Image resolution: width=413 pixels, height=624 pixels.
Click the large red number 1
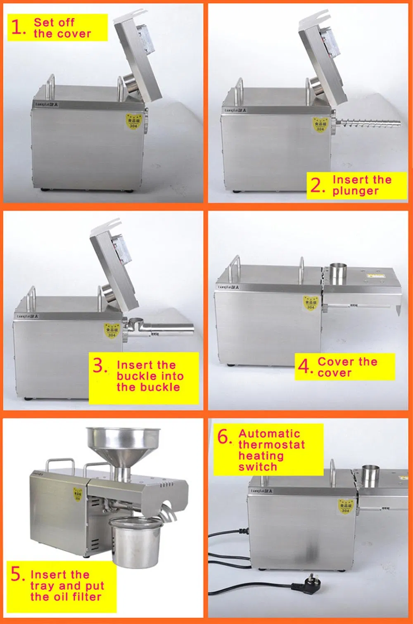(x=17, y=27)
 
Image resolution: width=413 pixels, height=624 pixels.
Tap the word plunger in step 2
(x=355, y=191)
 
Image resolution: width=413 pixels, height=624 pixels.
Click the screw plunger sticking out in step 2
(x=370, y=122)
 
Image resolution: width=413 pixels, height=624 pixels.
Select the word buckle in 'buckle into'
(x=133, y=376)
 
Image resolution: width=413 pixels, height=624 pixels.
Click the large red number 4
(x=304, y=366)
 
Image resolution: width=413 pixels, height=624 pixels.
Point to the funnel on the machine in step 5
(x=123, y=446)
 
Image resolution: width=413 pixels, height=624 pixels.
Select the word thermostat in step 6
(x=271, y=445)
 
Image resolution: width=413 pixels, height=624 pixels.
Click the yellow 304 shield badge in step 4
(x=310, y=303)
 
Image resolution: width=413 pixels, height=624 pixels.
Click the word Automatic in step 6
(x=269, y=434)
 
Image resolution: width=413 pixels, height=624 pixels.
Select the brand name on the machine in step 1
(x=47, y=104)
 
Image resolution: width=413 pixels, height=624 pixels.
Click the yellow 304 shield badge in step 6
(x=345, y=506)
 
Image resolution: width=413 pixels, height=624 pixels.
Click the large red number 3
(x=100, y=365)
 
